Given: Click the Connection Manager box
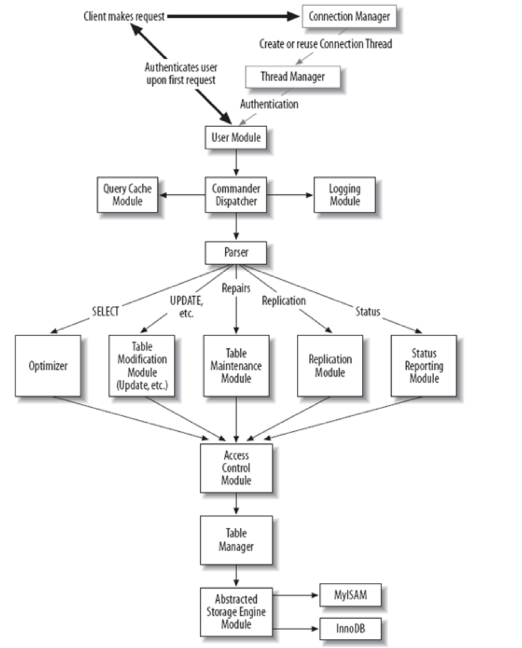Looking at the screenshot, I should click(349, 16).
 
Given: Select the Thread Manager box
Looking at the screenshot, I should click(293, 76).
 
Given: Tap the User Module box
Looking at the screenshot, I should click(236, 138).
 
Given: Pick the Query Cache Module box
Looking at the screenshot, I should click(128, 194).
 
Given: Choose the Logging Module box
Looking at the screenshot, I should click(345, 194).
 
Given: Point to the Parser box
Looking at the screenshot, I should click(236, 253).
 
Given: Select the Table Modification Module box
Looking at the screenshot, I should click(142, 366).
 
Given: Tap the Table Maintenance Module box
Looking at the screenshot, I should click(236, 366).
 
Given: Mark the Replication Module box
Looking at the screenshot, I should click(330, 366).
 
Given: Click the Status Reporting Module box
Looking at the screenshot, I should click(423, 366).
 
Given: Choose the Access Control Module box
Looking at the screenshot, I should click(236, 468).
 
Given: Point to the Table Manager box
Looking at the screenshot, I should click(236, 539).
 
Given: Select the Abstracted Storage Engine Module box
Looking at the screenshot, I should click(236, 612).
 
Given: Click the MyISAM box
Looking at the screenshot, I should click(349, 595).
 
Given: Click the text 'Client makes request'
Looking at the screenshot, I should click(124, 17).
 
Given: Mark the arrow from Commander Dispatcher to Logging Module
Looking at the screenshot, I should click(290, 194).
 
